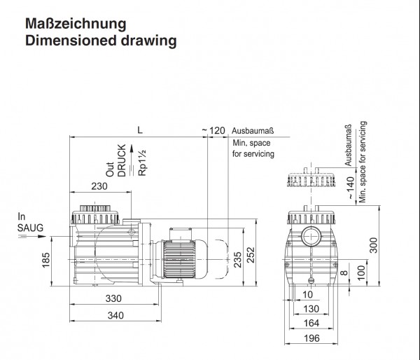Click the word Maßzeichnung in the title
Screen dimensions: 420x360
[76, 25]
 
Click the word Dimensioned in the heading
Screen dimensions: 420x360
[71, 41]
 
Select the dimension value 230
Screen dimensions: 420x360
[99, 186]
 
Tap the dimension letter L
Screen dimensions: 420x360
[140, 130]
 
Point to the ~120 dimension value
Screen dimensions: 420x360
[213, 130]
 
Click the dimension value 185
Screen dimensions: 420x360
[45, 260]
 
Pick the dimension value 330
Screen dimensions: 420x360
[113, 298]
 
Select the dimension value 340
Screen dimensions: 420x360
[115, 315]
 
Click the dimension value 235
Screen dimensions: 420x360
[237, 259]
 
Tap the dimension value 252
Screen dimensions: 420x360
[251, 255]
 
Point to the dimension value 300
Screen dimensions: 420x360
[373, 245]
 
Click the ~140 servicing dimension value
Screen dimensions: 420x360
[351, 188]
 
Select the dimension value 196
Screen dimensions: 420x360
[311, 338]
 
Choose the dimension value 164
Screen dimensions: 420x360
[311, 323]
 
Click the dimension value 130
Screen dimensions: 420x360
[311, 309]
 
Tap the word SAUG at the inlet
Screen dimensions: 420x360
[30, 228]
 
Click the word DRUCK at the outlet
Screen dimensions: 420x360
[122, 160]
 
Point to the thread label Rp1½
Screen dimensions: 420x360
[142, 162]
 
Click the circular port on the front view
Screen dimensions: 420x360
[311, 236]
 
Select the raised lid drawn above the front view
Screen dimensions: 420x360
[311, 177]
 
